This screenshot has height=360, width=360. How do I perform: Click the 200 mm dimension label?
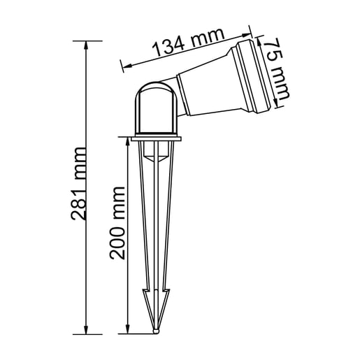pyautogui.click(x=117, y=222)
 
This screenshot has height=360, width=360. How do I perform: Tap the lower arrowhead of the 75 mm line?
pyautogui.click(x=287, y=105)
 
